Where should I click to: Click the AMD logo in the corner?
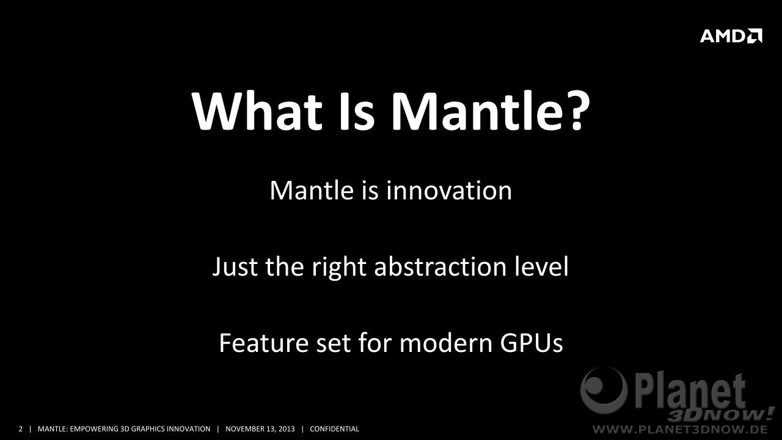tap(731, 36)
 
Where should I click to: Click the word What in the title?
tap(257, 111)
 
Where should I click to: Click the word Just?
tap(235, 267)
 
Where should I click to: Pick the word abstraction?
tap(440, 266)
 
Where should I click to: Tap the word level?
tap(542, 266)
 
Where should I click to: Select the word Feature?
tap(263, 343)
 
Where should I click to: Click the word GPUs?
tap(532, 343)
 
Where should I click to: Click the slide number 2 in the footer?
tap(20, 429)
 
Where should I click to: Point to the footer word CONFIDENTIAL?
tap(334, 429)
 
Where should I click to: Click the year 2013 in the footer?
tap(287, 429)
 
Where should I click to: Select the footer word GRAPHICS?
tap(148, 429)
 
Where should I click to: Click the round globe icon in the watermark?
tap(604, 391)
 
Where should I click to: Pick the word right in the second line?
tap(338, 267)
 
